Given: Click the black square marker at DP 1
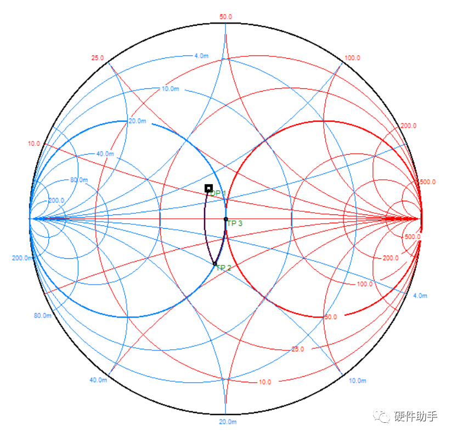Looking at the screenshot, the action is coord(208,188).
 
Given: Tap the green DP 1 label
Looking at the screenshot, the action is coord(218,194).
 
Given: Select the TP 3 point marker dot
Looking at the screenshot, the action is coord(225,219).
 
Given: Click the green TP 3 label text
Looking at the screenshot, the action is coord(235,223).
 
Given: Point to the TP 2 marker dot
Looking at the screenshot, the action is coord(215,264).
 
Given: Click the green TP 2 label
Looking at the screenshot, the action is coord(224,268).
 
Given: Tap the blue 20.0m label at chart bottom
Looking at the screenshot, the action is coord(227,422).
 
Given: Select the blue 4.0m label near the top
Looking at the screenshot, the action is coord(201,56).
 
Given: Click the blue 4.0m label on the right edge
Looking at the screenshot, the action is coord(420,296).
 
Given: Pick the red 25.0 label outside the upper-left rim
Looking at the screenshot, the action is coord(98,58).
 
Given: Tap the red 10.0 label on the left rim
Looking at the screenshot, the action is coord(33,144).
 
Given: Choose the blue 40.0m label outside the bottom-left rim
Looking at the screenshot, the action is coord(98,380).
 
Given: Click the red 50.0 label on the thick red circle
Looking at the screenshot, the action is coord(331,317).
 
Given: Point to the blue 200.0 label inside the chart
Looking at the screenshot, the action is coord(56,200).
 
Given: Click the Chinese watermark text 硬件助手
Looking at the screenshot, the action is coord(416,417).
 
